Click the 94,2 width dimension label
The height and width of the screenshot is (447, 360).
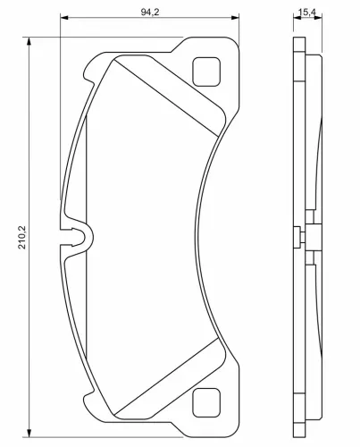[x=150, y=12]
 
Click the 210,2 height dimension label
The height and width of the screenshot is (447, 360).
[x=22, y=238]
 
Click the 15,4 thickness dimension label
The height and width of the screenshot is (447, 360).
[x=307, y=13]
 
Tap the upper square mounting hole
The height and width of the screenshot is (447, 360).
[x=206, y=72]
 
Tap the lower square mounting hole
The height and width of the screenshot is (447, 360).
[x=206, y=403]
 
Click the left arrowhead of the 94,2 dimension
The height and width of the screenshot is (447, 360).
[x=64, y=18]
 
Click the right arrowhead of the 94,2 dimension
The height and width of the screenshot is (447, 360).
[x=235, y=18]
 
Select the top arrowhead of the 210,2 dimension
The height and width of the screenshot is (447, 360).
[x=29, y=41]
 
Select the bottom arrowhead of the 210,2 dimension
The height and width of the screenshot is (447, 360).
[x=29, y=433]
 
